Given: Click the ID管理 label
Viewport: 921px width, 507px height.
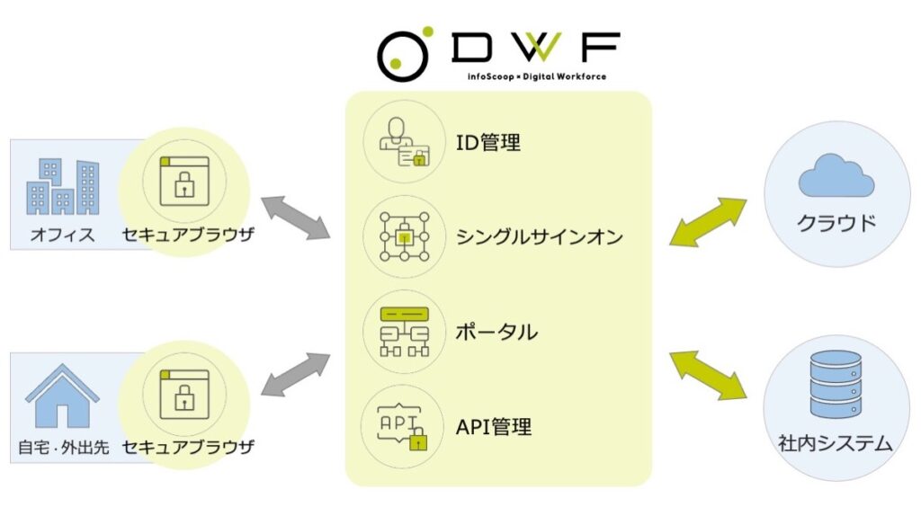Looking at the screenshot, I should tap(488, 142).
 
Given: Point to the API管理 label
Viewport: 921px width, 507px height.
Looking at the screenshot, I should tap(494, 425).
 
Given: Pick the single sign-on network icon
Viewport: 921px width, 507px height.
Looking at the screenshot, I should tap(404, 237).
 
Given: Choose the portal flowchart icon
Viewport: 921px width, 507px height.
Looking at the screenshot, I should tap(404, 331).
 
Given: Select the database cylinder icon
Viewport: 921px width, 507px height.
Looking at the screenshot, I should tap(836, 385).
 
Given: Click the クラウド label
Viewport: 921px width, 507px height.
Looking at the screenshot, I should tap(836, 224).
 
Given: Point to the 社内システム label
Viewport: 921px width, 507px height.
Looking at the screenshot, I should tap(836, 442).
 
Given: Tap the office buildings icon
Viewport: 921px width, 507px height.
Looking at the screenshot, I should tap(62, 187).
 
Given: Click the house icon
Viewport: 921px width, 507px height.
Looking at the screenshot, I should tap(62, 396).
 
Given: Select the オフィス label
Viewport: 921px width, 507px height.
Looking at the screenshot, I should tap(62, 236).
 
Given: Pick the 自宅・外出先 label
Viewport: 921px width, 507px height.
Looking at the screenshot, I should tap(63, 447).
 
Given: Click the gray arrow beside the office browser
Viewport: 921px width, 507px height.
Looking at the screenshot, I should tap(295, 218).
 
